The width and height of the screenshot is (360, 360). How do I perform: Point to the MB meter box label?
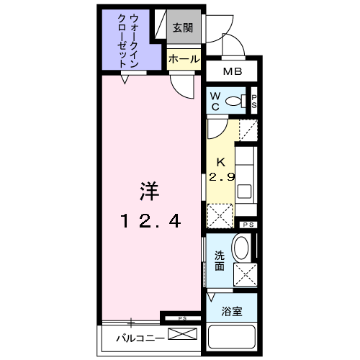(x=232, y=72)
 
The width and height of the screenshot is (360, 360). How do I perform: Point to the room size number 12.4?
(x=149, y=221)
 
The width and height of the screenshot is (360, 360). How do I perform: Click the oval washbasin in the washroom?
(x=242, y=249)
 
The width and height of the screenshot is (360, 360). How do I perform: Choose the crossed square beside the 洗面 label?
(x=246, y=273)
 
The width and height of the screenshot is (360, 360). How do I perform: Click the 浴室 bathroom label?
(x=231, y=312)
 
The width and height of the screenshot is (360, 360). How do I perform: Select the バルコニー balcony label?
(x=136, y=336)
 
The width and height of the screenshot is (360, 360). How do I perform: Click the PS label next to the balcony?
(x=182, y=318)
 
